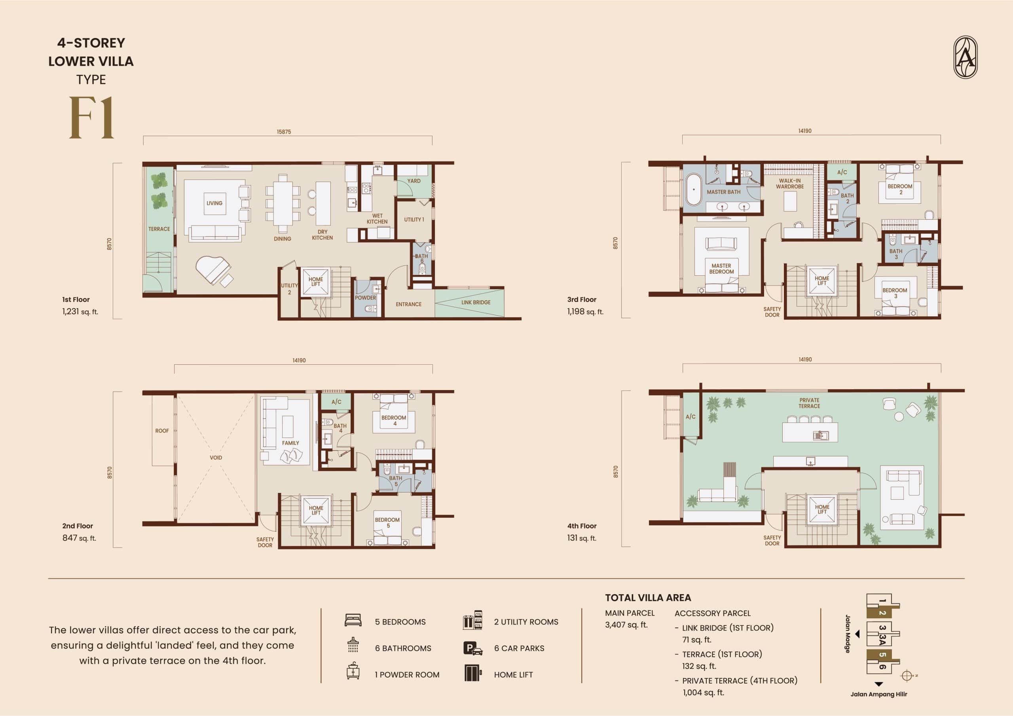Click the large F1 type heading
(x=91, y=118)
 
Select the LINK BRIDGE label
(x=476, y=303)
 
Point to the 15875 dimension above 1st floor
(x=284, y=132)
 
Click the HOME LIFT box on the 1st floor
(x=316, y=282)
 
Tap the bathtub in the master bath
(x=694, y=190)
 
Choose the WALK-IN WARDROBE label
(x=790, y=184)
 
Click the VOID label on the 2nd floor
(x=216, y=457)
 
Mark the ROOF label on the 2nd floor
(x=162, y=430)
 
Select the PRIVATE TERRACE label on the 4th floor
(x=809, y=403)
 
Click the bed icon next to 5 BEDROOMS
(x=353, y=620)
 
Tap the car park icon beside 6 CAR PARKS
(x=472, y=648)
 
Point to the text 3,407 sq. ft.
(x=626, y=625)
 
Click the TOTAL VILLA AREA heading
(x=648, y=598)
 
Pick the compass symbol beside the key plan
(x=907, y=675)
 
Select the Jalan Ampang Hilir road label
(x=879, y=694)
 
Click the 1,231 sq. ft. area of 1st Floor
(x=80, y=311)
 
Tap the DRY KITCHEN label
(x=322, y=235)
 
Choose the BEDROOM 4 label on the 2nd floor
(x=394, y=421)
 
